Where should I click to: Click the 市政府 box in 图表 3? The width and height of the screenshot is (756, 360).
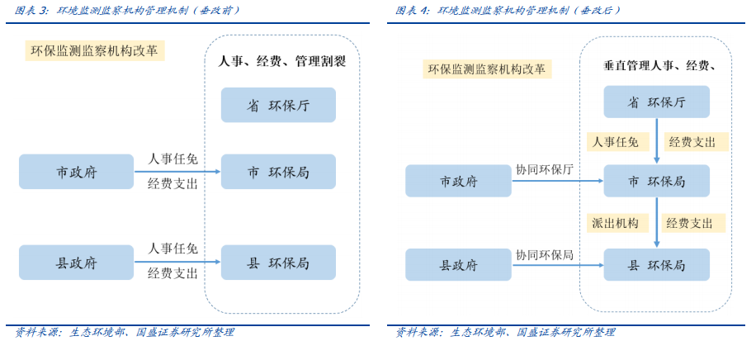[76, 172]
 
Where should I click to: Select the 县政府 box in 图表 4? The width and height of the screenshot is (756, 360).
[458, 265]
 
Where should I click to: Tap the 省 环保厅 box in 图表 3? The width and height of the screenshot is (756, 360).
[278, 105]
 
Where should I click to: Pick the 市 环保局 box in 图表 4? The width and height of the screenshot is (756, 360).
[656, 181]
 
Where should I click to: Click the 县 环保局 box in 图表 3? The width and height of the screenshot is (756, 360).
[278, 263]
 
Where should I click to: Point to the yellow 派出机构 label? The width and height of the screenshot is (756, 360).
[615, 223]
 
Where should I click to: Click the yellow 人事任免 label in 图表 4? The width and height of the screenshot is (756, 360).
[616, 142]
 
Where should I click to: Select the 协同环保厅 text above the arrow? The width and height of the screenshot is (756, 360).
[545, 169]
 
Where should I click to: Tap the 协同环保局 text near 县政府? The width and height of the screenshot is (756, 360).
[545, 254]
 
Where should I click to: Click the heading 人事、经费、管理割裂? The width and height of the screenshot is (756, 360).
[281, 62]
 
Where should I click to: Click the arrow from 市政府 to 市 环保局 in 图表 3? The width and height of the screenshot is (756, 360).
[177, 172]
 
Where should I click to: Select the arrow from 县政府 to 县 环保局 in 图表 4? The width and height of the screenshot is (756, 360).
[557, 265]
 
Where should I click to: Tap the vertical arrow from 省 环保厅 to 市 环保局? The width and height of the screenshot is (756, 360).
[657, 141]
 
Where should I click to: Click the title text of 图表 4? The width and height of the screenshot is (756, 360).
[508, 10]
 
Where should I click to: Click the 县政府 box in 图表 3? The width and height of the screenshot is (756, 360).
[76, 263]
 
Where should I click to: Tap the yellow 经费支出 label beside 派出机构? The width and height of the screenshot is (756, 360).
[693, 223]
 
